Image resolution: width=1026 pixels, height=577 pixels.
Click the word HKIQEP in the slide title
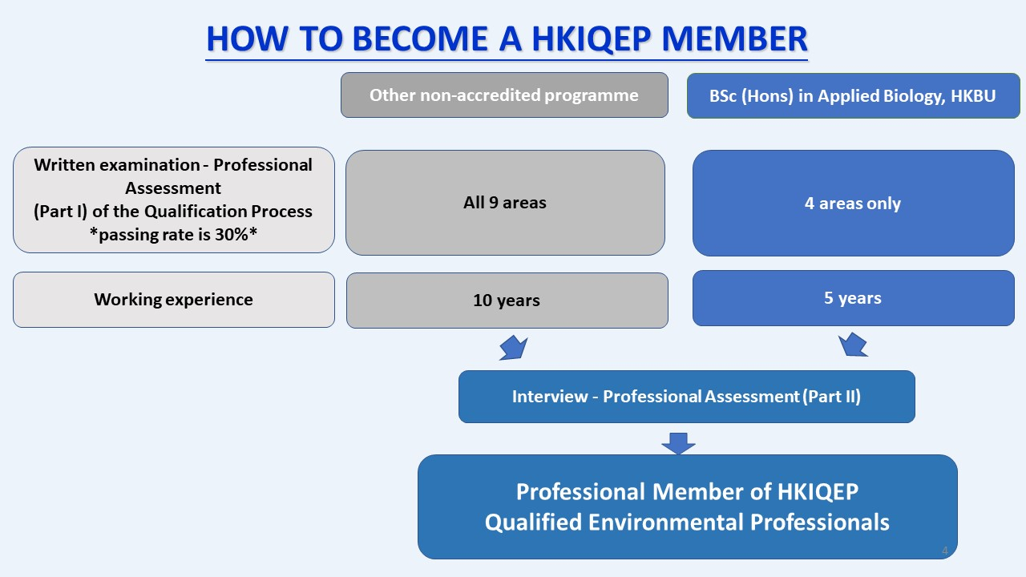click(x=591, y=39)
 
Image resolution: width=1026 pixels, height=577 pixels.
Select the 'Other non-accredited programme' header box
click(x=504, y=95)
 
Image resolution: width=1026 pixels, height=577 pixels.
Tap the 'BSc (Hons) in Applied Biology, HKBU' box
click(x=853, y=95)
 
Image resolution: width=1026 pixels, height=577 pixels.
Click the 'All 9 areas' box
click(x=505, y=203)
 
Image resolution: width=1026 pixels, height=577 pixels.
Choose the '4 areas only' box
click(x=854, y=203)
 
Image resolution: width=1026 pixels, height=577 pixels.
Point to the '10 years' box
click(x=507, y=301)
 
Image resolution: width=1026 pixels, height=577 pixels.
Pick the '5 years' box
click(x=854, y=298)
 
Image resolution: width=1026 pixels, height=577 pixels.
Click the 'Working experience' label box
click(x=174, y=300)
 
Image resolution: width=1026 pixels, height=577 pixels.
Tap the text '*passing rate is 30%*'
click(x=173, y=235)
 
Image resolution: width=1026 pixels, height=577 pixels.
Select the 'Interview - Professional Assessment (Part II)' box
click(x=687, y=397)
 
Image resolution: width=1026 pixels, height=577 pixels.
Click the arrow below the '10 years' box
click(x=514, y=348)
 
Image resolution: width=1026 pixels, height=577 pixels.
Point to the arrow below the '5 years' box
click(x=852, y=345)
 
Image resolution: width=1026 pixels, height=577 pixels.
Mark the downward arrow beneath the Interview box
click(x=678, y=443)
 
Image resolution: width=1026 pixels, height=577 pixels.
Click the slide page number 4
click(x=944, y=551)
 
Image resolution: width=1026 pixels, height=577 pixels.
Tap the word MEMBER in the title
click(x=735, y=38)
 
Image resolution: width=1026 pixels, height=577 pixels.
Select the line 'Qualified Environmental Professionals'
click(x=687, y=522)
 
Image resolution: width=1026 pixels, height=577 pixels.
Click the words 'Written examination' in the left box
click(x=117, y=165)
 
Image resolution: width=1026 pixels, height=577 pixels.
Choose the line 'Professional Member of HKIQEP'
click(x=687, y=492)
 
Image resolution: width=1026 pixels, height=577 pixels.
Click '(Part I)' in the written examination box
click(x=60, y=212)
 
